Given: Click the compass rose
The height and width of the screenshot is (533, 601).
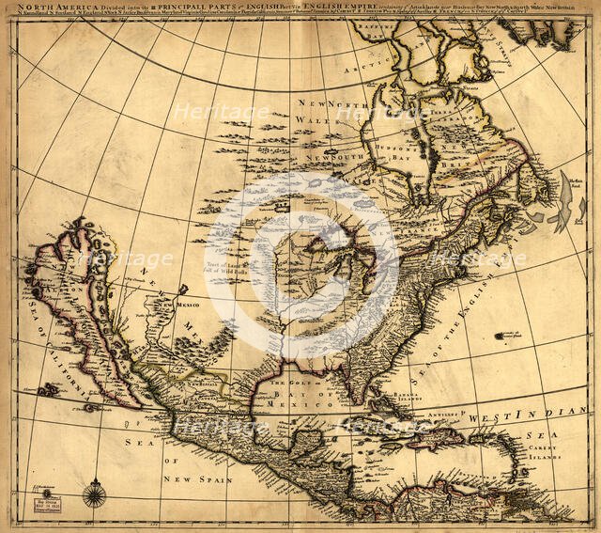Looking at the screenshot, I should click(x=95, y=494).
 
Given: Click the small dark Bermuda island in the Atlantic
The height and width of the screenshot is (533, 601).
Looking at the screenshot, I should click(x=508, y=335).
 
